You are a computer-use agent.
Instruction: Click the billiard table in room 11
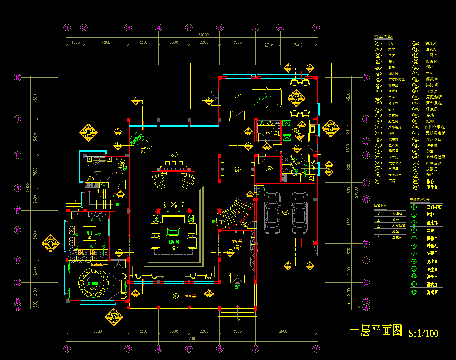click(266, 97)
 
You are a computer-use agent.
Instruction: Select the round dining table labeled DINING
click(93, 283)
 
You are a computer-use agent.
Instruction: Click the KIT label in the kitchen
click(90, 232)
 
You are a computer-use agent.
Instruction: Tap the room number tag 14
click(269, 169)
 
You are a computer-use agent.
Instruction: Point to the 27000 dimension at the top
click(203, 35)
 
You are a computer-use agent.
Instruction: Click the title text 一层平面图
click(376, 330)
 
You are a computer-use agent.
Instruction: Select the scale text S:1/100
click(423, 333)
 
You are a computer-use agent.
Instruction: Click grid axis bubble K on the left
click(17, 78)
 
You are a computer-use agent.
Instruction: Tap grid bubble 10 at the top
click(316, 27)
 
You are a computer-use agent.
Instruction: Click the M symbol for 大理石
click(378, 213)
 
